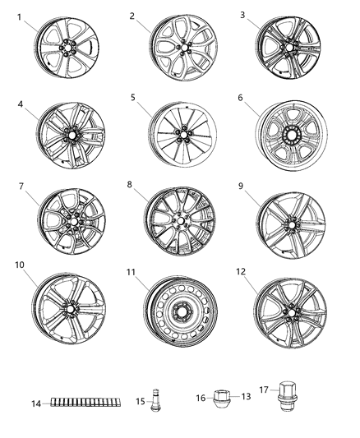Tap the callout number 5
point(132,97)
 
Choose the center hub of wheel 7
point(72,222)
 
